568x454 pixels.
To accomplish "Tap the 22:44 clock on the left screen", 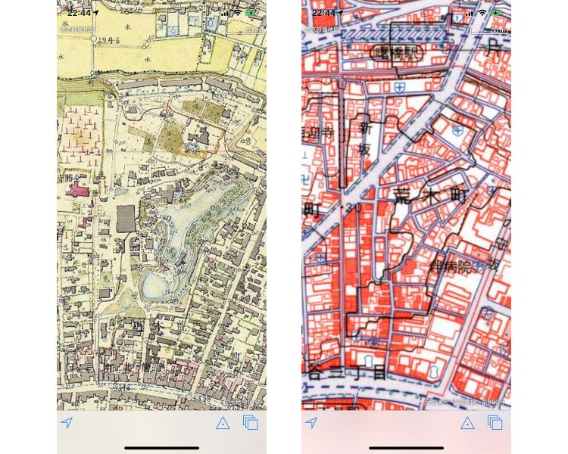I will pyautogui.click(x=79, y=13).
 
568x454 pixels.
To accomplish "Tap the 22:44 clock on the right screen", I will pyautogui.click(x=323, y=13).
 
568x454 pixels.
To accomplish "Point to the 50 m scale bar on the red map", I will pyautogui.click(x=497, y=30).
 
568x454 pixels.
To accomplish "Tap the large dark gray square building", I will pyautogui.click(x=126, y=219).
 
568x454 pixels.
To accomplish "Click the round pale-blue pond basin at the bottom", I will pyautogui.click(x=154, y=285).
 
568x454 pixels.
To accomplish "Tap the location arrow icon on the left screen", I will pyautogui.click(x=67, y=423).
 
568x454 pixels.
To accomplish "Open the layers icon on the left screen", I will pyautogui.click(x=251, y=423).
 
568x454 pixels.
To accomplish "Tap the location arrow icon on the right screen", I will pyautogui.click(x=311, y=423).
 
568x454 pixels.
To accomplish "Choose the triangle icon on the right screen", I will pyautogui.click(x=467, y=423).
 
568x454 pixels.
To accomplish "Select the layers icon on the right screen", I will pyautogui.click(x=495, y=423).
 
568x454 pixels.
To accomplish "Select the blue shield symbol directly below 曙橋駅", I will pyautogui.click(x=399, y=88).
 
